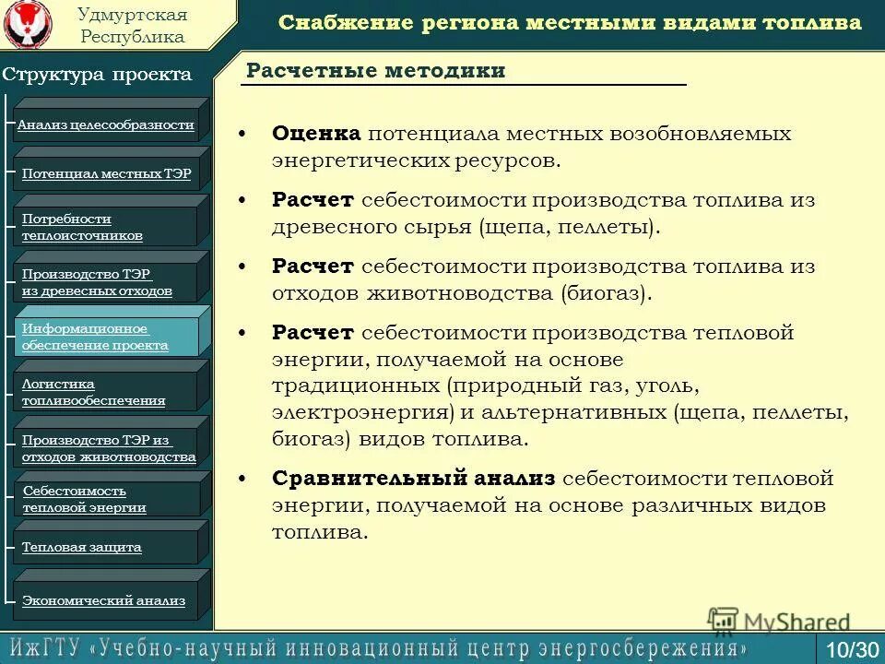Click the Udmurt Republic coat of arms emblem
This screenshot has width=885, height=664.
(28, 26)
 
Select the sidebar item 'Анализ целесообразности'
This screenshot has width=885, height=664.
(106, 125)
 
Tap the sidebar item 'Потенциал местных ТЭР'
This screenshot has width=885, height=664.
(106, 173)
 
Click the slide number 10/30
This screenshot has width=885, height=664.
(852, 649)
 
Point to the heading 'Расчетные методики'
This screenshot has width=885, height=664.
(376, 71)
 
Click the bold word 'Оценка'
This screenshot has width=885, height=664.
(316, 134)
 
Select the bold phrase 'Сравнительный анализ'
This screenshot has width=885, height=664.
(414, 479)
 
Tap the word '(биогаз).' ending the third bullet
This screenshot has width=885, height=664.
(606, 293)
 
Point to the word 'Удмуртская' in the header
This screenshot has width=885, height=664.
(133, 15)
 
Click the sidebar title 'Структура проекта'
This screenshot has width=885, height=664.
(97, 75)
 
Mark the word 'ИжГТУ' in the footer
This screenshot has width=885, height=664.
(45, 647)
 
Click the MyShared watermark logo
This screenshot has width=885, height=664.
(779, 622)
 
